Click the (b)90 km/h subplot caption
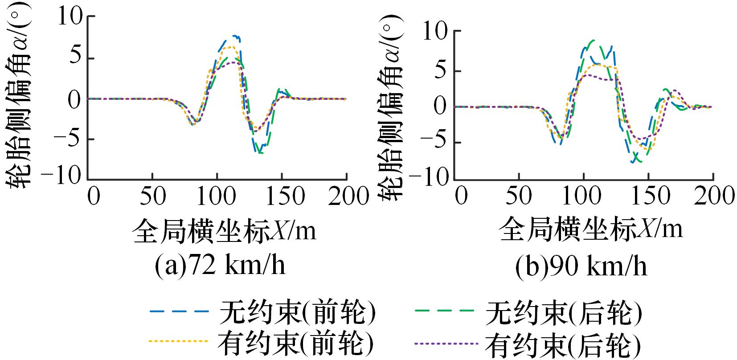(581, 266)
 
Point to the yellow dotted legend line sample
(178, 342)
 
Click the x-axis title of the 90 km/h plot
(590, 229)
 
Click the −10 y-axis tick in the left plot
(68, 177)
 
